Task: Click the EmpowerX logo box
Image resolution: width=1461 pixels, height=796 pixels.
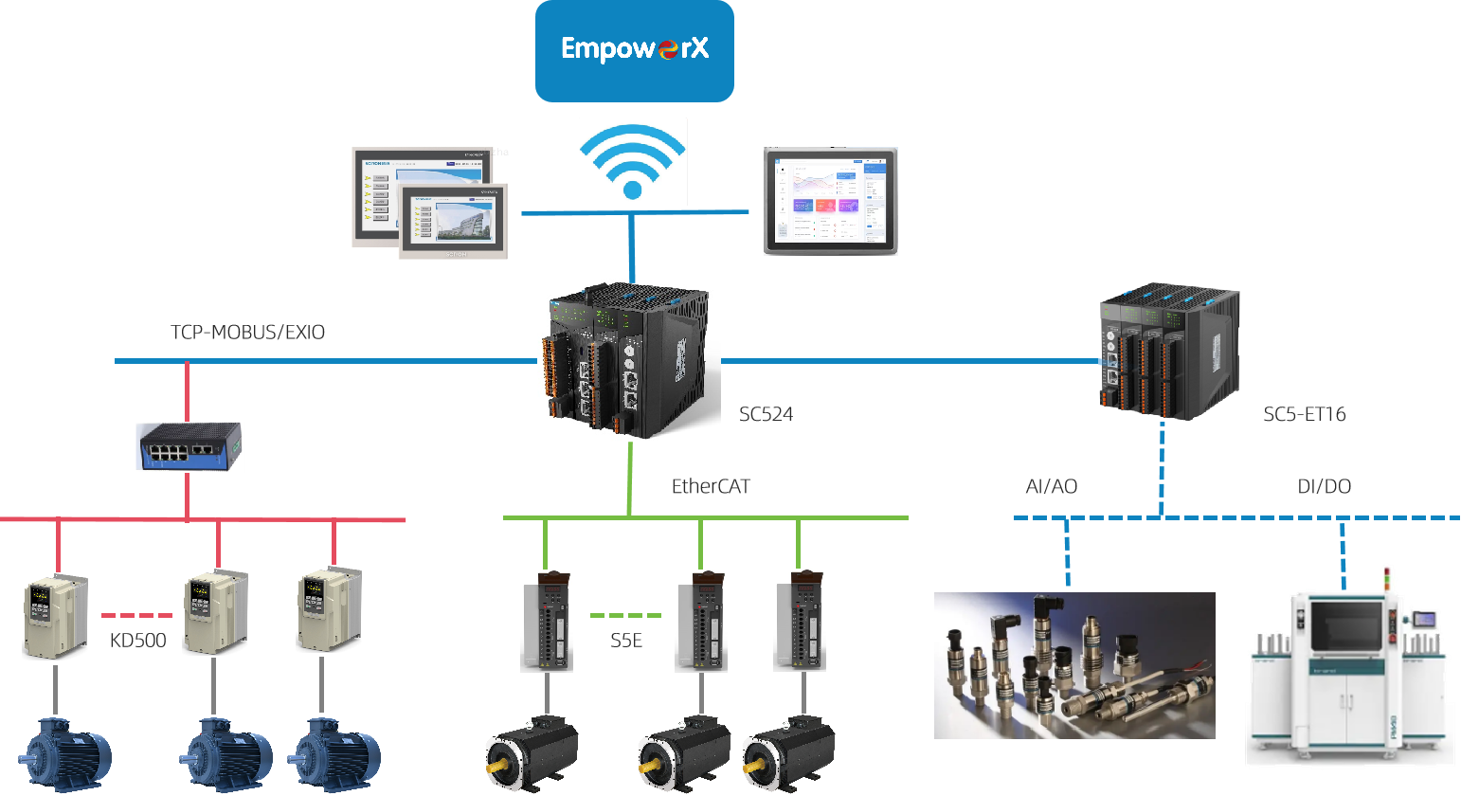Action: [634, 50]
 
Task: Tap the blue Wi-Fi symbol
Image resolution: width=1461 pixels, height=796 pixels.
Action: [633, 161]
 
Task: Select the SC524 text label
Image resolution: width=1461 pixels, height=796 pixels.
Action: [766, 414]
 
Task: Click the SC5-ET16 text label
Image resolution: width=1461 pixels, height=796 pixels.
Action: [1304, 414]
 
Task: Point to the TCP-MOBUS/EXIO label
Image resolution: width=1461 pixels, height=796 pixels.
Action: [247, 333]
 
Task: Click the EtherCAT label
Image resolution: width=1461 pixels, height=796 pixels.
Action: [711, 487]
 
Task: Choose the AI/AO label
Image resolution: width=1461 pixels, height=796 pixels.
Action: [1051, 487]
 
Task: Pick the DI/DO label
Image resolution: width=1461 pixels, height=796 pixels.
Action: [1324, 487]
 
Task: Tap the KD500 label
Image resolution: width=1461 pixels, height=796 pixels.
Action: [137, 641]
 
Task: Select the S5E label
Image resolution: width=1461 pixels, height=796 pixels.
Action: [626, 641]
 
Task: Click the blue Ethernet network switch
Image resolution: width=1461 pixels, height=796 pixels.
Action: [190, 446]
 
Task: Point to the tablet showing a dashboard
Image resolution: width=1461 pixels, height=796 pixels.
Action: [831, 201]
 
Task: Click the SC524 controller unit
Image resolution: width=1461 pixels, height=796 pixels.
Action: [628, 359]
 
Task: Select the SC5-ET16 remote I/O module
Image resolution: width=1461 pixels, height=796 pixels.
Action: [1169, 351]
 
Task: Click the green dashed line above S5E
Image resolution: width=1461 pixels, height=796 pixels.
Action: [625, 616]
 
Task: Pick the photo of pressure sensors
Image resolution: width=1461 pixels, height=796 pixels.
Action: [1074, 665]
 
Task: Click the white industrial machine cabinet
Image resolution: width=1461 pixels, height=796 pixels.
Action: [1350, 676]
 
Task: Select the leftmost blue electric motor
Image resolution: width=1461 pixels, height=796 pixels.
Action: [66, 755]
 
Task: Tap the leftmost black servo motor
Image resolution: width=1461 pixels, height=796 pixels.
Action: [531, 754]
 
